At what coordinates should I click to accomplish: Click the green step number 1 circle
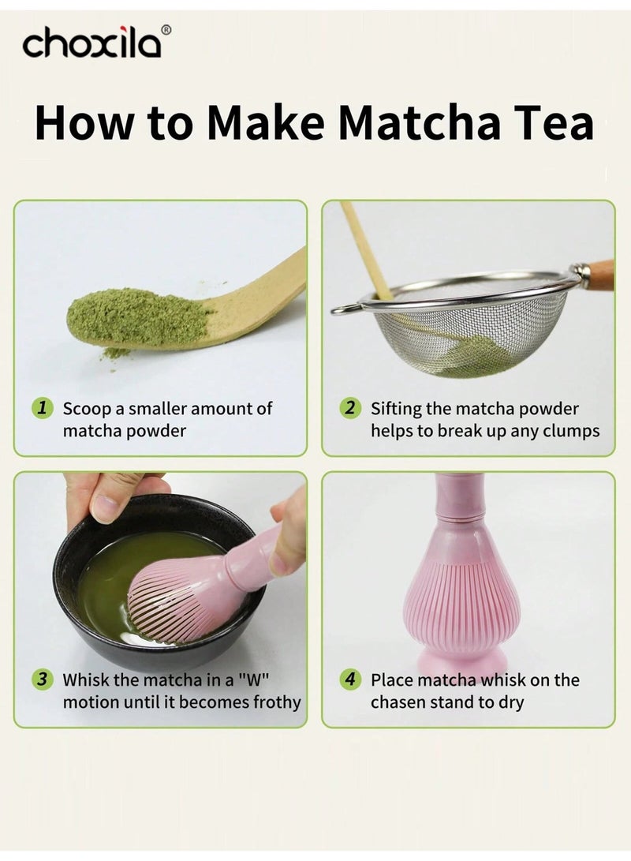(43, 409)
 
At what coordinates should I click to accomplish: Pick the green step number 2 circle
(349, 409)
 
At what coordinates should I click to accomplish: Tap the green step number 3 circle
(43, 679)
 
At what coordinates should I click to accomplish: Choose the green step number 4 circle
(349, 679)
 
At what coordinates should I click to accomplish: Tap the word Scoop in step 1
(85, 409)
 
